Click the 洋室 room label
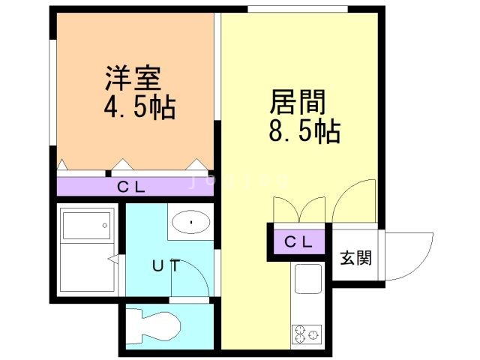point(133,78)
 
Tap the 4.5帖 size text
point(140,108)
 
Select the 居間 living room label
point(298,102)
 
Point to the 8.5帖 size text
point(304,132)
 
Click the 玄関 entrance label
point(356,258)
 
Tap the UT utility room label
point(166,265)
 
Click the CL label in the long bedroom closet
point(131,187)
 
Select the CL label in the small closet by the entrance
point(298,242)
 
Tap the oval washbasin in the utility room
point(191,222)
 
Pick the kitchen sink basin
point(308,278)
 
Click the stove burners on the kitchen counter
point(307,334)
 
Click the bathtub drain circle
point(105,226)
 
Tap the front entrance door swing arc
point(420,265)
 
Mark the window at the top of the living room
point(298,9)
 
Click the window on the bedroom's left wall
point(53,92)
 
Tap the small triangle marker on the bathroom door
point(114,259)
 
